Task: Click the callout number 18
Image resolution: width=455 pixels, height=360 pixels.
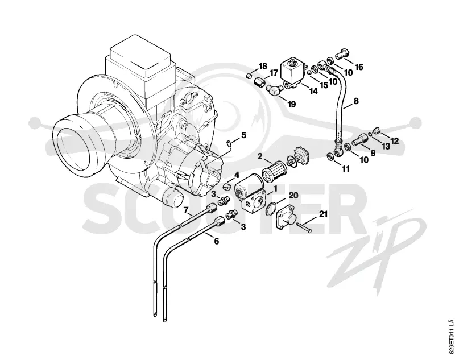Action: (x=263, y=66)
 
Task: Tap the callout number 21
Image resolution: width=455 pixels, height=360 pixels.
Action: (x=323, y=214)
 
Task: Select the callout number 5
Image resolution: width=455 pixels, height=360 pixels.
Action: (x=243, y=135)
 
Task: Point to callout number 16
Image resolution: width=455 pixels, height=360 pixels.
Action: (x=359, y=67)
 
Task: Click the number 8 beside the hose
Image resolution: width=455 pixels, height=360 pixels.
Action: (x=356, y=101)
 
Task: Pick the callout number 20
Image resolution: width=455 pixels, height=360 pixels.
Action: (x=293, y=195)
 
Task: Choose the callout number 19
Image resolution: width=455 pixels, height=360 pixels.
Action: (x=291, y=104)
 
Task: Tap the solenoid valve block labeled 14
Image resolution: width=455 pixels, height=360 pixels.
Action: (x=293, y=74)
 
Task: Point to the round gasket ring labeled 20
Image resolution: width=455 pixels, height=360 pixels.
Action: (x=272, y=209)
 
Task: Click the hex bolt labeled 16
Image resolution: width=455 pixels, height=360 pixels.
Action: (x=343, y=54)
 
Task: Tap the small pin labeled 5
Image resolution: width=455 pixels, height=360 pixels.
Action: (x=229, y=143)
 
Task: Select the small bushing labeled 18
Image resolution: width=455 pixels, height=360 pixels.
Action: (x=248, y=76)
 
